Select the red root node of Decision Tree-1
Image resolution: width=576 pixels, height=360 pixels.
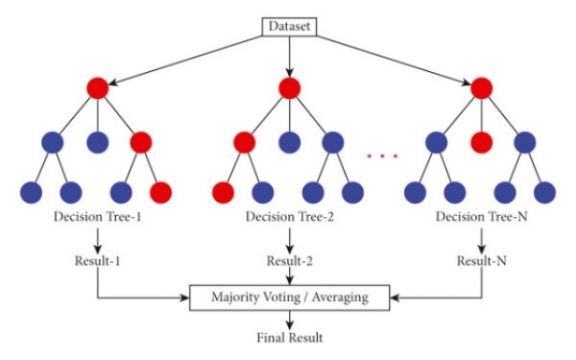click(97, 88)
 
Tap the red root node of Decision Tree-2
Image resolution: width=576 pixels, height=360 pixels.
click(289, 88)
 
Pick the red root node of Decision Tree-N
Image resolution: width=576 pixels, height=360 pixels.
click(481, 88)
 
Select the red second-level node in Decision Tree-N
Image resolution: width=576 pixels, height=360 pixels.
click(481, 142)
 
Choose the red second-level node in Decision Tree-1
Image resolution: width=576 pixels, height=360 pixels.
click(140, 142)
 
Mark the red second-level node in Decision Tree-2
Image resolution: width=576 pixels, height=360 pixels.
click(244, 142)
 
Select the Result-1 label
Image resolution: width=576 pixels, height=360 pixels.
click(97, 261)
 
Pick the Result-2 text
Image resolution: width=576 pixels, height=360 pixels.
click(289, 261)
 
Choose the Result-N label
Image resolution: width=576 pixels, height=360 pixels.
click(481, 261)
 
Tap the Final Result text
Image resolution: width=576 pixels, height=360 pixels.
click(289, 339)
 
